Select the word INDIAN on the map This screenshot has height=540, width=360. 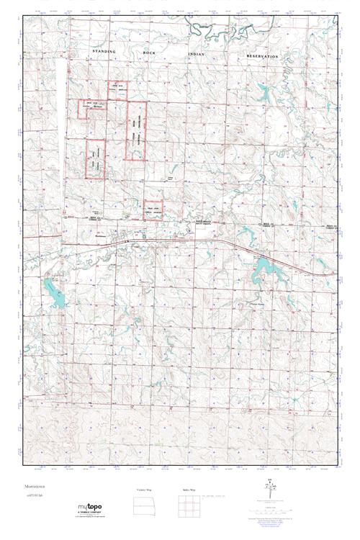(x=196, y=55)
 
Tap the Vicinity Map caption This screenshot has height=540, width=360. (x=144, y=490)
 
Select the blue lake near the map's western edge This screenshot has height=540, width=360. (x=53, y=290)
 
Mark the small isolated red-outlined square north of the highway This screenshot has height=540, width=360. (x=153, y=206)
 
